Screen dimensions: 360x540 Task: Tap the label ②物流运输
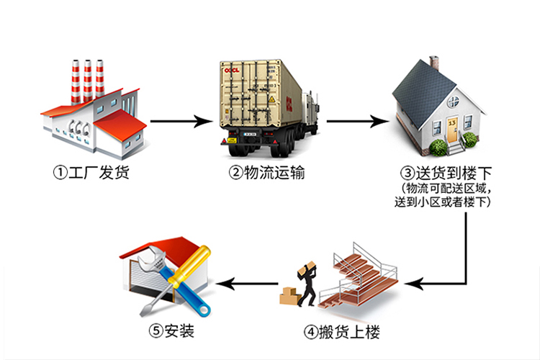[x=262, y=174]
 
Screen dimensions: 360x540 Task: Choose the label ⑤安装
[x=171, y=332]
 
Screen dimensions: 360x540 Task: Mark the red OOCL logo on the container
[x=232, y=71]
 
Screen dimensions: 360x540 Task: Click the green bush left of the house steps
[x=437, y=148]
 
